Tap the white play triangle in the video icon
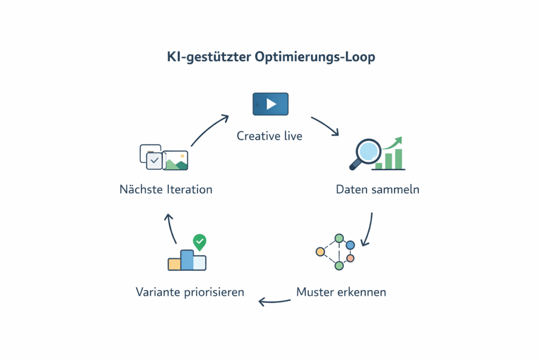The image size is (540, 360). click(x=271, y=104)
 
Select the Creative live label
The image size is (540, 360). click(x=269, y=136)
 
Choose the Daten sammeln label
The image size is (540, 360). click(x=378, y=189)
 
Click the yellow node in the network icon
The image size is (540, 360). click(x=320, y=251)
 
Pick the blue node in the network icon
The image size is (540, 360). click(x=350, y=245)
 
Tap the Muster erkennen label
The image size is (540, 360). click(x=341, y=291)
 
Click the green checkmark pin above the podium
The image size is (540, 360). click(x=199, y=242)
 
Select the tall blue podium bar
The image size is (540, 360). click(x=187, y=260)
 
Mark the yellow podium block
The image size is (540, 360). click(x=174, y=264)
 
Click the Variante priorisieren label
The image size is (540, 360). click(x=190, y=291)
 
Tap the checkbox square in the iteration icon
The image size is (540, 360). click(x=154, y=160)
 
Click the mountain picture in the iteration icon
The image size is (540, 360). click(x=175, y=161)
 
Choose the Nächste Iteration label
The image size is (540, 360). click(x=166, y=189)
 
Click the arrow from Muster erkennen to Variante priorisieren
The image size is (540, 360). click(x=274, y=301)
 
